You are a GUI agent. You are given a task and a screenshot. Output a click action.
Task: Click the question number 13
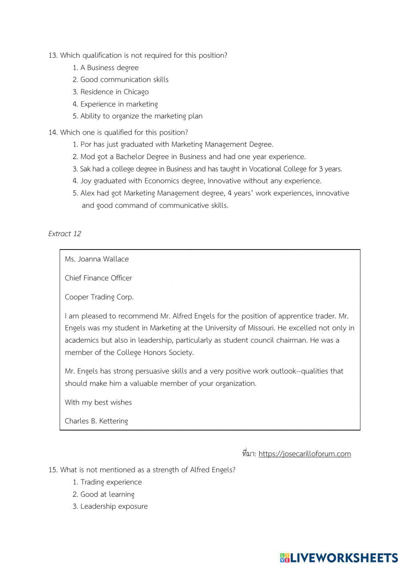[53, 55]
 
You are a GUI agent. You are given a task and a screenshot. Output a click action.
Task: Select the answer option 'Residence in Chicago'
[114, 92]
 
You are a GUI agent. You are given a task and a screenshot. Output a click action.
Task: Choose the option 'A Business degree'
[109, 68]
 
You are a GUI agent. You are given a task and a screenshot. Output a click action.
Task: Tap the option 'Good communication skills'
[124, 79]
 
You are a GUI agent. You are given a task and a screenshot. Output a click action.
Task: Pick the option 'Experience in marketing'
[119, 104]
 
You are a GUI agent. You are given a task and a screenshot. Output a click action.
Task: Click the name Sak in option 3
[85, 169]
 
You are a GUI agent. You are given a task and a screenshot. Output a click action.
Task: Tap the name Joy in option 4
[86, 181]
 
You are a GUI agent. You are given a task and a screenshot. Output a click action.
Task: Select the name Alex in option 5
[87, 193]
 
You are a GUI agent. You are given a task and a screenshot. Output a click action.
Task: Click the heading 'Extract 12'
[65, 234]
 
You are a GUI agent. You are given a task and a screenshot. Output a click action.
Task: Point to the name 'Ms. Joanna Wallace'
[97, 259]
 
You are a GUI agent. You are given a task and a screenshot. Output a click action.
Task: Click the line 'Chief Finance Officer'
[98, 278]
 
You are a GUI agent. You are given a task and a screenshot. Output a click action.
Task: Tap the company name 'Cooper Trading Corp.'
[99, 297]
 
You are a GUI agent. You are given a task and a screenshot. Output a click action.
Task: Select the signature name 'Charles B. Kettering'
[96, 421]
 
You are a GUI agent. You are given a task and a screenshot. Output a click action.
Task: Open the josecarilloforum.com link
[304, 454]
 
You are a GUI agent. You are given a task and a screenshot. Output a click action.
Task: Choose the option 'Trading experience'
[111, 482]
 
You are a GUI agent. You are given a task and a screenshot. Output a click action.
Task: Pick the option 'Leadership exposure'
[114, 506]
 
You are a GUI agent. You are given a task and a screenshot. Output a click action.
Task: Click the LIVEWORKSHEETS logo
[339, 557]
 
